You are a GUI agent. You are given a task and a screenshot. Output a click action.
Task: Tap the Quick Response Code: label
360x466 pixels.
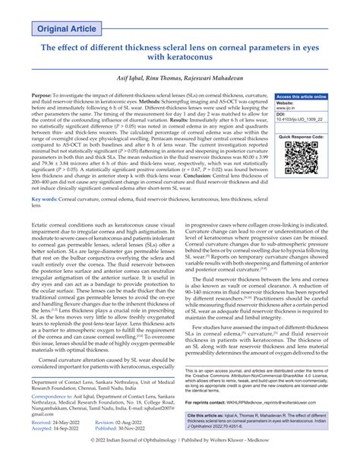tap(302, 138)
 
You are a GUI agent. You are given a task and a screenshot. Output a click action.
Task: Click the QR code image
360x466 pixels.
tap(302, 160)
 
